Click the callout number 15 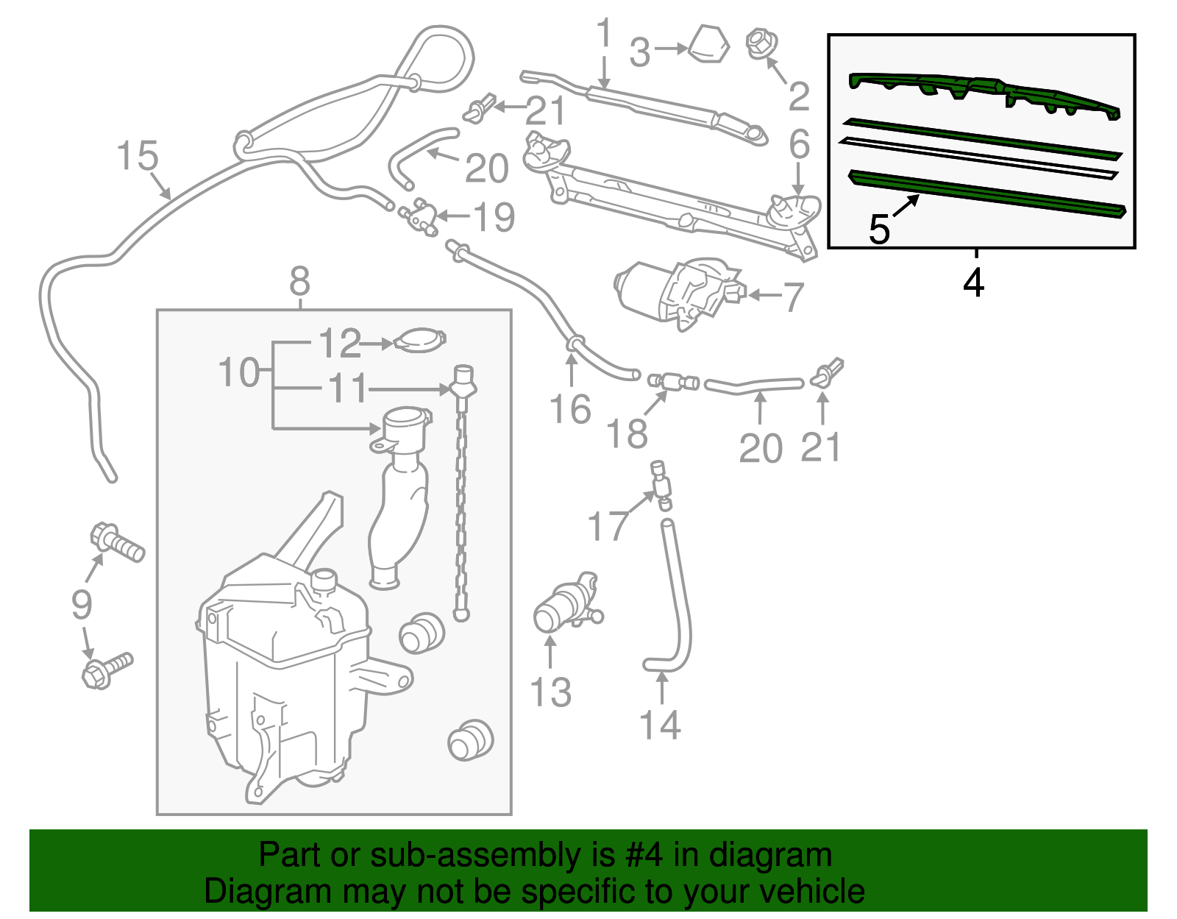click(x=138, y=156)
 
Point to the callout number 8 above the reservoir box click(x=299, y=281)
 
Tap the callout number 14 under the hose click(x=660, y=725)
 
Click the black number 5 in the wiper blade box click(x=879, y=230)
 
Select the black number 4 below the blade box click(x=973, y=283)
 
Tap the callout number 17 click(x=608, y=526)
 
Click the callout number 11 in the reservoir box click(x=347, y=388)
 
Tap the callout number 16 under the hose click(x=570, y=409)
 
